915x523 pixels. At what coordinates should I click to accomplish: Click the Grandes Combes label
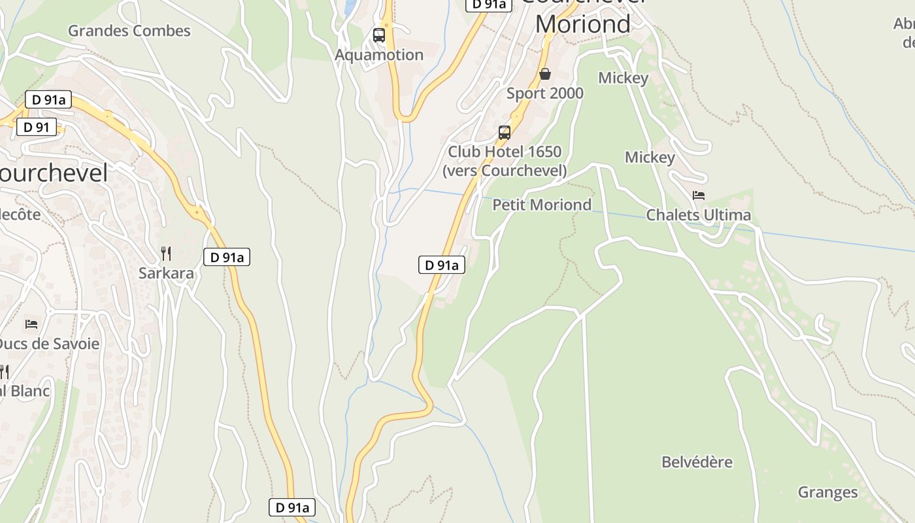129,31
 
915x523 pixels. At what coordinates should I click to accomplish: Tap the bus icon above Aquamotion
379,35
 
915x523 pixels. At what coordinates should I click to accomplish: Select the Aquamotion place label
379,55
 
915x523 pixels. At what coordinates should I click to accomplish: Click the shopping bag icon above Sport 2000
545,74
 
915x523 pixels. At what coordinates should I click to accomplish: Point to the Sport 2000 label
545,93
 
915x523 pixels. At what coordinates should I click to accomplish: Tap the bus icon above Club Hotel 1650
505,133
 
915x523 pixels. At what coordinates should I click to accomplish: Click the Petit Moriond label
542,205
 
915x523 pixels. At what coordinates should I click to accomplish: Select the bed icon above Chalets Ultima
699,195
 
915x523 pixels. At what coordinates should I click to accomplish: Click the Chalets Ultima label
699,215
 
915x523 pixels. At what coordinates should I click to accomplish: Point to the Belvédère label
697,462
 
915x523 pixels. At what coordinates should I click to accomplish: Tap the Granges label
827,492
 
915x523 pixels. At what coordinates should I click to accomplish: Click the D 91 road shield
37,127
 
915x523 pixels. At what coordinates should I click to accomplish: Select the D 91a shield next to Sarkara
227,258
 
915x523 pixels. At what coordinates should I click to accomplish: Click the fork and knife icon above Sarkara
166,253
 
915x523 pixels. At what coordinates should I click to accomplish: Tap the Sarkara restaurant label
166,273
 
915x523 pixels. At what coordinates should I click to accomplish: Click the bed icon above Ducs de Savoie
31,324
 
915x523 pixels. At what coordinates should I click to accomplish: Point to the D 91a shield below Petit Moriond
442,265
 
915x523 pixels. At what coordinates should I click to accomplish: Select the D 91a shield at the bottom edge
292,507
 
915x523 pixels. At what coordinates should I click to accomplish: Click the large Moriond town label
583,24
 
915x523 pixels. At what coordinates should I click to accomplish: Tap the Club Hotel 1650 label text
505,152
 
